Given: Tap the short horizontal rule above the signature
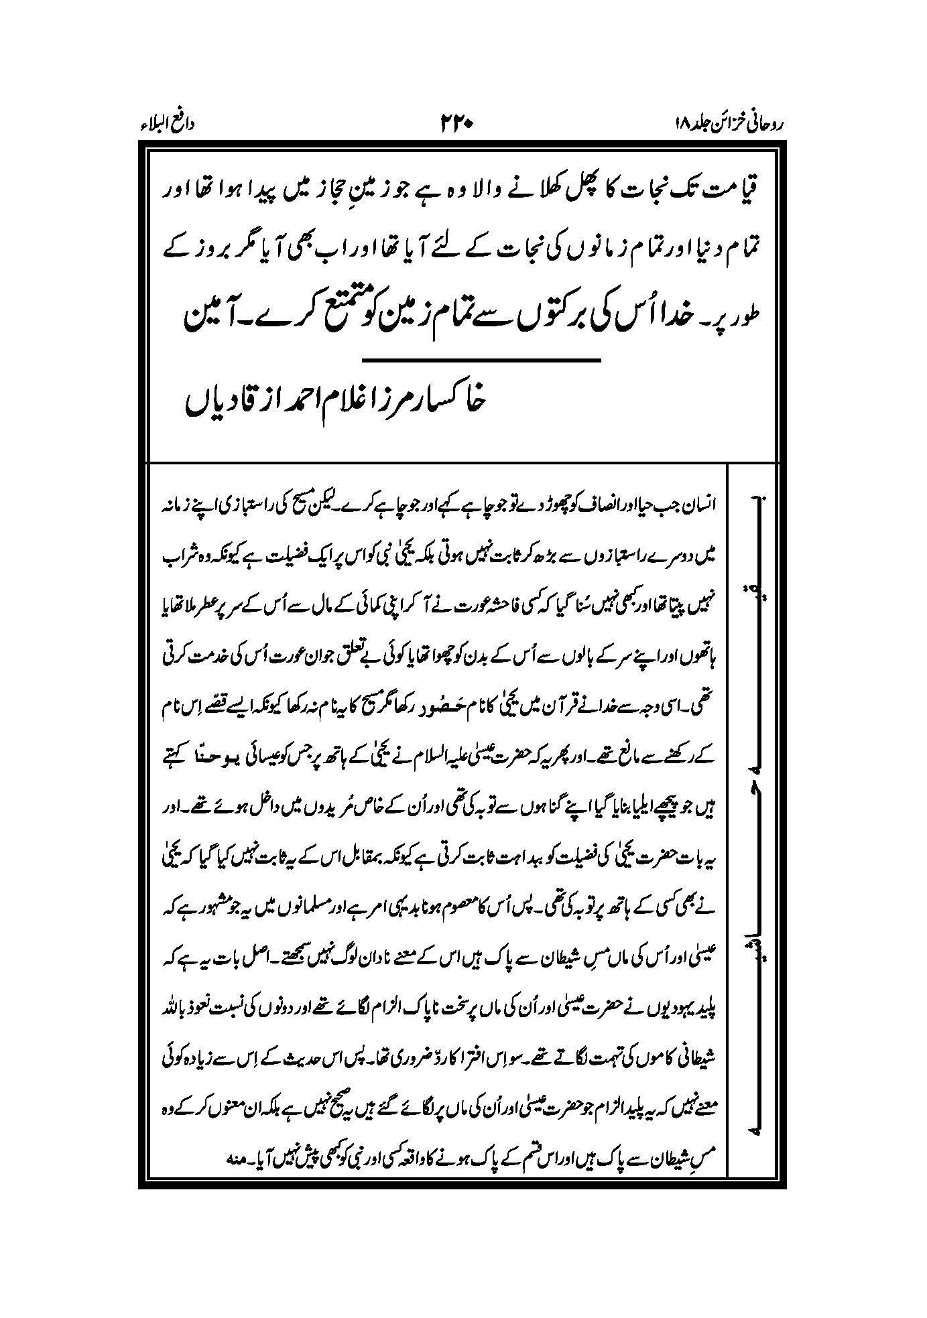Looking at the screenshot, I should point(480,361).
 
